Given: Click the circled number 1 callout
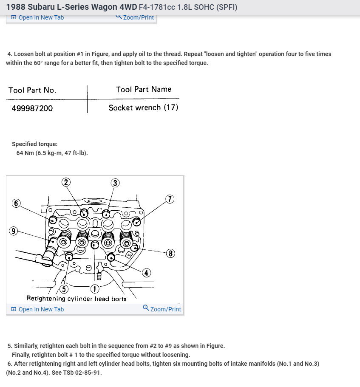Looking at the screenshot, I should click(94, 289).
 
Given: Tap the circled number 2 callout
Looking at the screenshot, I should click(65, 182).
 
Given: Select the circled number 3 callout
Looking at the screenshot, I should click(115, 183).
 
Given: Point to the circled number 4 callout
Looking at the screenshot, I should click(147, 273).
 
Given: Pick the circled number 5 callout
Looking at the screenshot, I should click(64, 289).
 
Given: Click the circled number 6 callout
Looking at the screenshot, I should click(16, 203).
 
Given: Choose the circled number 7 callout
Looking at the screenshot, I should click(170, 199).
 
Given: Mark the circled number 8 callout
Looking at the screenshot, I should click(170, 254).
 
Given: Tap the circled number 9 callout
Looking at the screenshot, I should click(14, 231).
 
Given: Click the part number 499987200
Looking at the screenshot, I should click(32, 108).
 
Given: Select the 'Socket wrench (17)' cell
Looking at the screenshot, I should click(143, 108).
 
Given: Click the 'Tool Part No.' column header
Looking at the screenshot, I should click(32, 90).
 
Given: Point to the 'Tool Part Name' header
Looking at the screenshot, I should click(143, 89).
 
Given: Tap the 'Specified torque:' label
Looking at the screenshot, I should click(34, 144).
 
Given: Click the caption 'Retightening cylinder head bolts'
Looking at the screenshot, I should click(77, 299).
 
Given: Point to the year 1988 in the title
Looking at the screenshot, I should click(16, 7).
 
